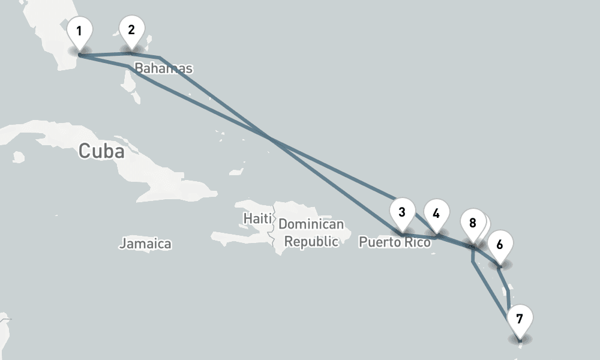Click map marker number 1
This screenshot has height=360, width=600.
tap(79, 30)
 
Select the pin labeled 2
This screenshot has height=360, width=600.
tap(131, 28)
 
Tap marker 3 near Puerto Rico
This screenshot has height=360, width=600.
tap(401, 212)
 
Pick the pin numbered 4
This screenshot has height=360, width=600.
tap(436, 214)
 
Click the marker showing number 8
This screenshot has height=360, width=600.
tap(472, 223)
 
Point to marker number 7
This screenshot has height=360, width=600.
tap(520, 319)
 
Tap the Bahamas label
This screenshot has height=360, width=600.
tap(163, 68)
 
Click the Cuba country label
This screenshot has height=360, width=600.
tap(101, 151)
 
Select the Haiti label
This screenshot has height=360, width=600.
tap(258, 218)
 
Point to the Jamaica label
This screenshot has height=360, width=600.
tap(145, 244)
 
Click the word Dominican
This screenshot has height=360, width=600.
tap(311, 225)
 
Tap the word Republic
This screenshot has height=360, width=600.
tap(311, 241)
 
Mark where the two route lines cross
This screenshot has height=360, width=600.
tap(272, 140)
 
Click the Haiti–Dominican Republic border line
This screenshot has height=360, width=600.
tap(275, 228)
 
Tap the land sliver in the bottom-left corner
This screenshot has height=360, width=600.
tap(4, 324)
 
